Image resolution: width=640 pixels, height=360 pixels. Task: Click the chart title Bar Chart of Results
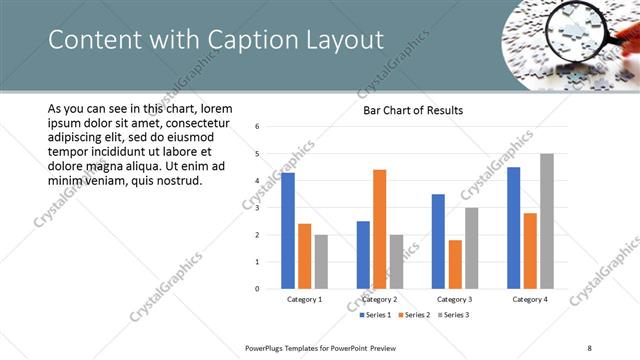click(412, 110)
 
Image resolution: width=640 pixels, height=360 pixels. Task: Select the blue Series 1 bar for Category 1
click(288, 230)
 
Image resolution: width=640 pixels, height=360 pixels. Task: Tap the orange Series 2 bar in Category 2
click(379, 229)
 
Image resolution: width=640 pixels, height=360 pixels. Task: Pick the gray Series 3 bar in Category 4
click(546, 221)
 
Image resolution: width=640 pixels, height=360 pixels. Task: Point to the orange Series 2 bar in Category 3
click(454, 264)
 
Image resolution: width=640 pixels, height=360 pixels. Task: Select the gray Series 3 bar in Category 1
click(321, 261)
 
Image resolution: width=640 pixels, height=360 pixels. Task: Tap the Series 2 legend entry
click(414, 315)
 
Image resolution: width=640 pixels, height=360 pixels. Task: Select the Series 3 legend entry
click(451, 315)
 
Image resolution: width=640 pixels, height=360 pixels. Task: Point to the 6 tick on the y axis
click(258, 127)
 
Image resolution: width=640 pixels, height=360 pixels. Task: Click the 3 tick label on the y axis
click(258, 208)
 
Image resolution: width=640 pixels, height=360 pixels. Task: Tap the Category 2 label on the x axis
click(379, 299)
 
